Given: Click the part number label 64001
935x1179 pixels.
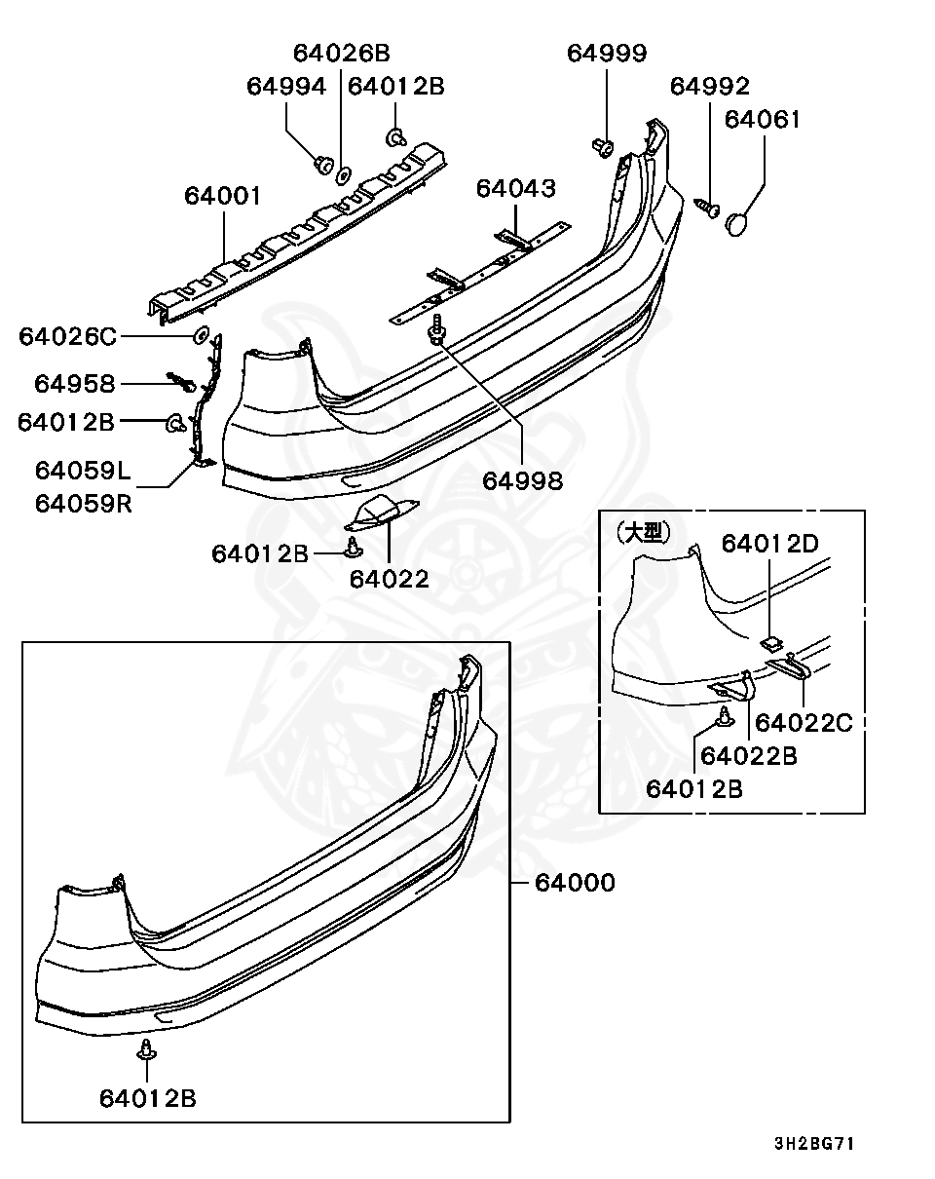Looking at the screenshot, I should pos(223,197).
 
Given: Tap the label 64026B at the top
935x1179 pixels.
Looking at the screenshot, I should pos(341,54).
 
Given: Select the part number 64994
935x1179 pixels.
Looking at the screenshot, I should pos(286,87).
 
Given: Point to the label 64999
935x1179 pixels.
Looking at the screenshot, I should pos(607,54).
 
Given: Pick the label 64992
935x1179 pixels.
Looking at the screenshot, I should pos(710,87).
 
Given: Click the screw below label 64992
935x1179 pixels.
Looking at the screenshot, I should pos(708,207).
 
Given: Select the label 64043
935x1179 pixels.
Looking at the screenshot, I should pos(516,188).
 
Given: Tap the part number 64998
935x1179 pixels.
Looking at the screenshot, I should pos(523,480).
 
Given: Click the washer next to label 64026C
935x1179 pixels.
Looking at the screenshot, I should pos(203,336).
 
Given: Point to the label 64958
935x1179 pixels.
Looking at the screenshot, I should pos(75,384).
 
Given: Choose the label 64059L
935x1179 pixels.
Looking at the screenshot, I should pos(83,472).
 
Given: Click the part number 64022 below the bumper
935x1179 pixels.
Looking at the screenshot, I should pos(390,579).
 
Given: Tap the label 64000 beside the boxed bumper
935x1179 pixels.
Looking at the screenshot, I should pos(575,883).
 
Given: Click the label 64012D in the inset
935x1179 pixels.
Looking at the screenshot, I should pos(769,544).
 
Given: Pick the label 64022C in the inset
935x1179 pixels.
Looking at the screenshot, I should pos(804,722).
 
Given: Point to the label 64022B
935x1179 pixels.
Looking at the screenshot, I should pos(749,755).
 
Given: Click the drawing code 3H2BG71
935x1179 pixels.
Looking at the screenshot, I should pos(814,1143).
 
